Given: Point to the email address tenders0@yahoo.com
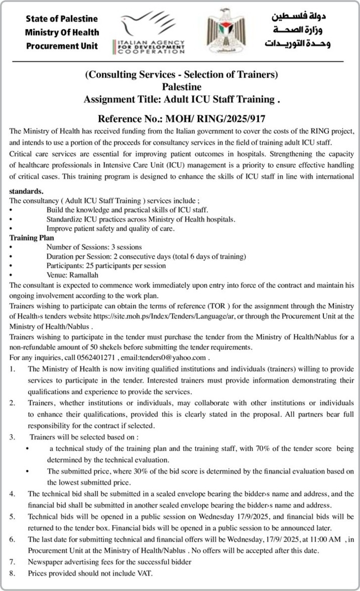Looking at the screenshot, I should [172, 357].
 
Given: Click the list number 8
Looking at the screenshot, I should [13, 573].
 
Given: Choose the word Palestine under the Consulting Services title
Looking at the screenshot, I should [181, 87].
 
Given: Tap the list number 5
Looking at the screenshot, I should [13, 517].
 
